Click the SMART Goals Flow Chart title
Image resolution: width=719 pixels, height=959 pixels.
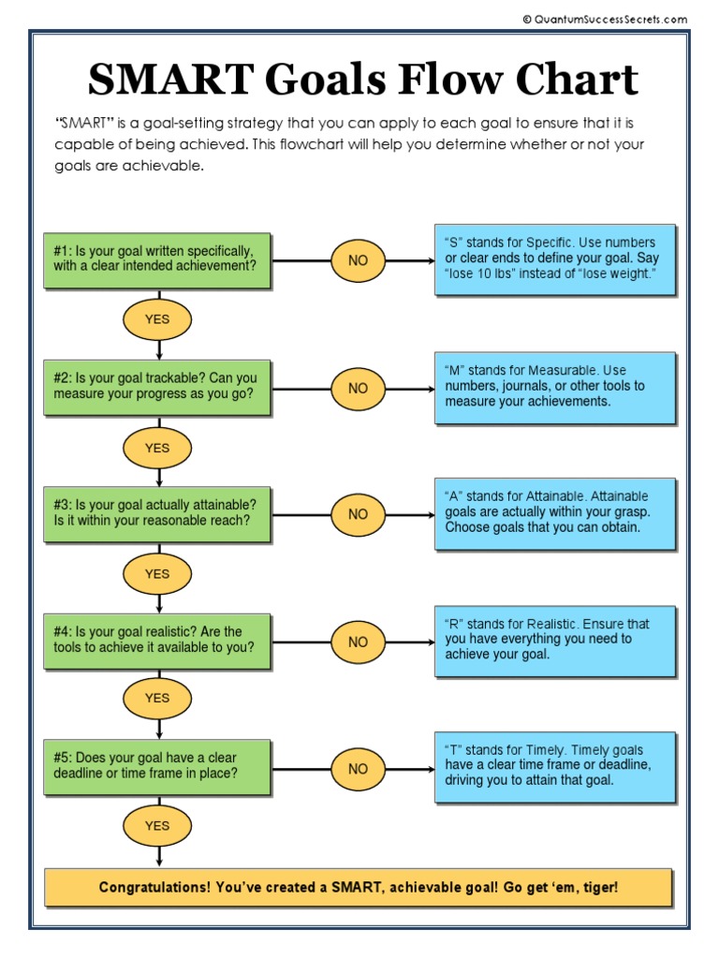point(362,81)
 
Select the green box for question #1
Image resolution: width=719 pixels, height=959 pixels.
point(157,259)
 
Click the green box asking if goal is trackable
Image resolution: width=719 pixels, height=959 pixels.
point(157,386)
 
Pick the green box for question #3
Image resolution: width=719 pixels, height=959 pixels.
point(157,513)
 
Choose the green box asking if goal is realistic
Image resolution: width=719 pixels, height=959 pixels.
point(157,641)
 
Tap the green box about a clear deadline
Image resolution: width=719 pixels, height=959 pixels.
point(157,766)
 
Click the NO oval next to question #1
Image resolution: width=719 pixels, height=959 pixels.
point(358,260)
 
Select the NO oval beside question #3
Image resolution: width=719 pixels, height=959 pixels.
point(358,514)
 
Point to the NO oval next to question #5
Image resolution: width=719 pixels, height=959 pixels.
point(358,769)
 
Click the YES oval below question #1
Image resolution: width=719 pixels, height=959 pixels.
point(157,320)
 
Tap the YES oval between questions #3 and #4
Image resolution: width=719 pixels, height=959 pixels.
point(157,574)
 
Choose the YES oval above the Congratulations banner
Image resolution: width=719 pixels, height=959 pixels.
point(157,826)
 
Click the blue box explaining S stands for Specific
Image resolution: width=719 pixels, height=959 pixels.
point(554,258)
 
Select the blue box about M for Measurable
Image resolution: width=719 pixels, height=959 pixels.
point(554,387)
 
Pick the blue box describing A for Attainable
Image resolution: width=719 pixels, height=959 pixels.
point(554,512)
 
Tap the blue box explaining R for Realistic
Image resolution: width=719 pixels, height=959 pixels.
point(554,640)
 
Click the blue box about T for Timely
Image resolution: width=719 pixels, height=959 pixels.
point(554,766)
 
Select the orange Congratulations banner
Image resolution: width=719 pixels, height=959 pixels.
point(359,887)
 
